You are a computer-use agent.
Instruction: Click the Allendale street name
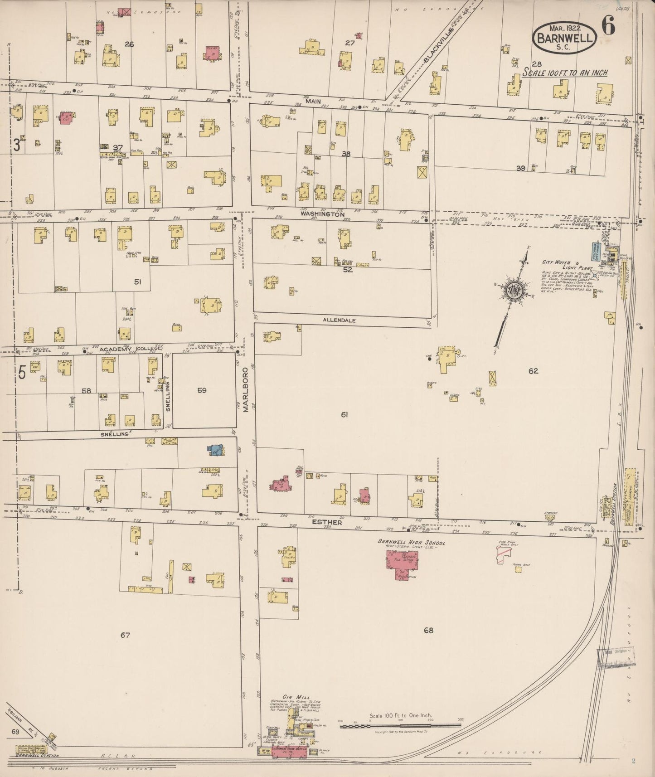click(339, 320)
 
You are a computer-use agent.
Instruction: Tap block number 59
click(202, 390)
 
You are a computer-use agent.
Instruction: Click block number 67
click(125, 635)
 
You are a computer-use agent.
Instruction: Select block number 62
click(533, 371)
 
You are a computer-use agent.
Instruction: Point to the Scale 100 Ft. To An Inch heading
click(565, 73)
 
